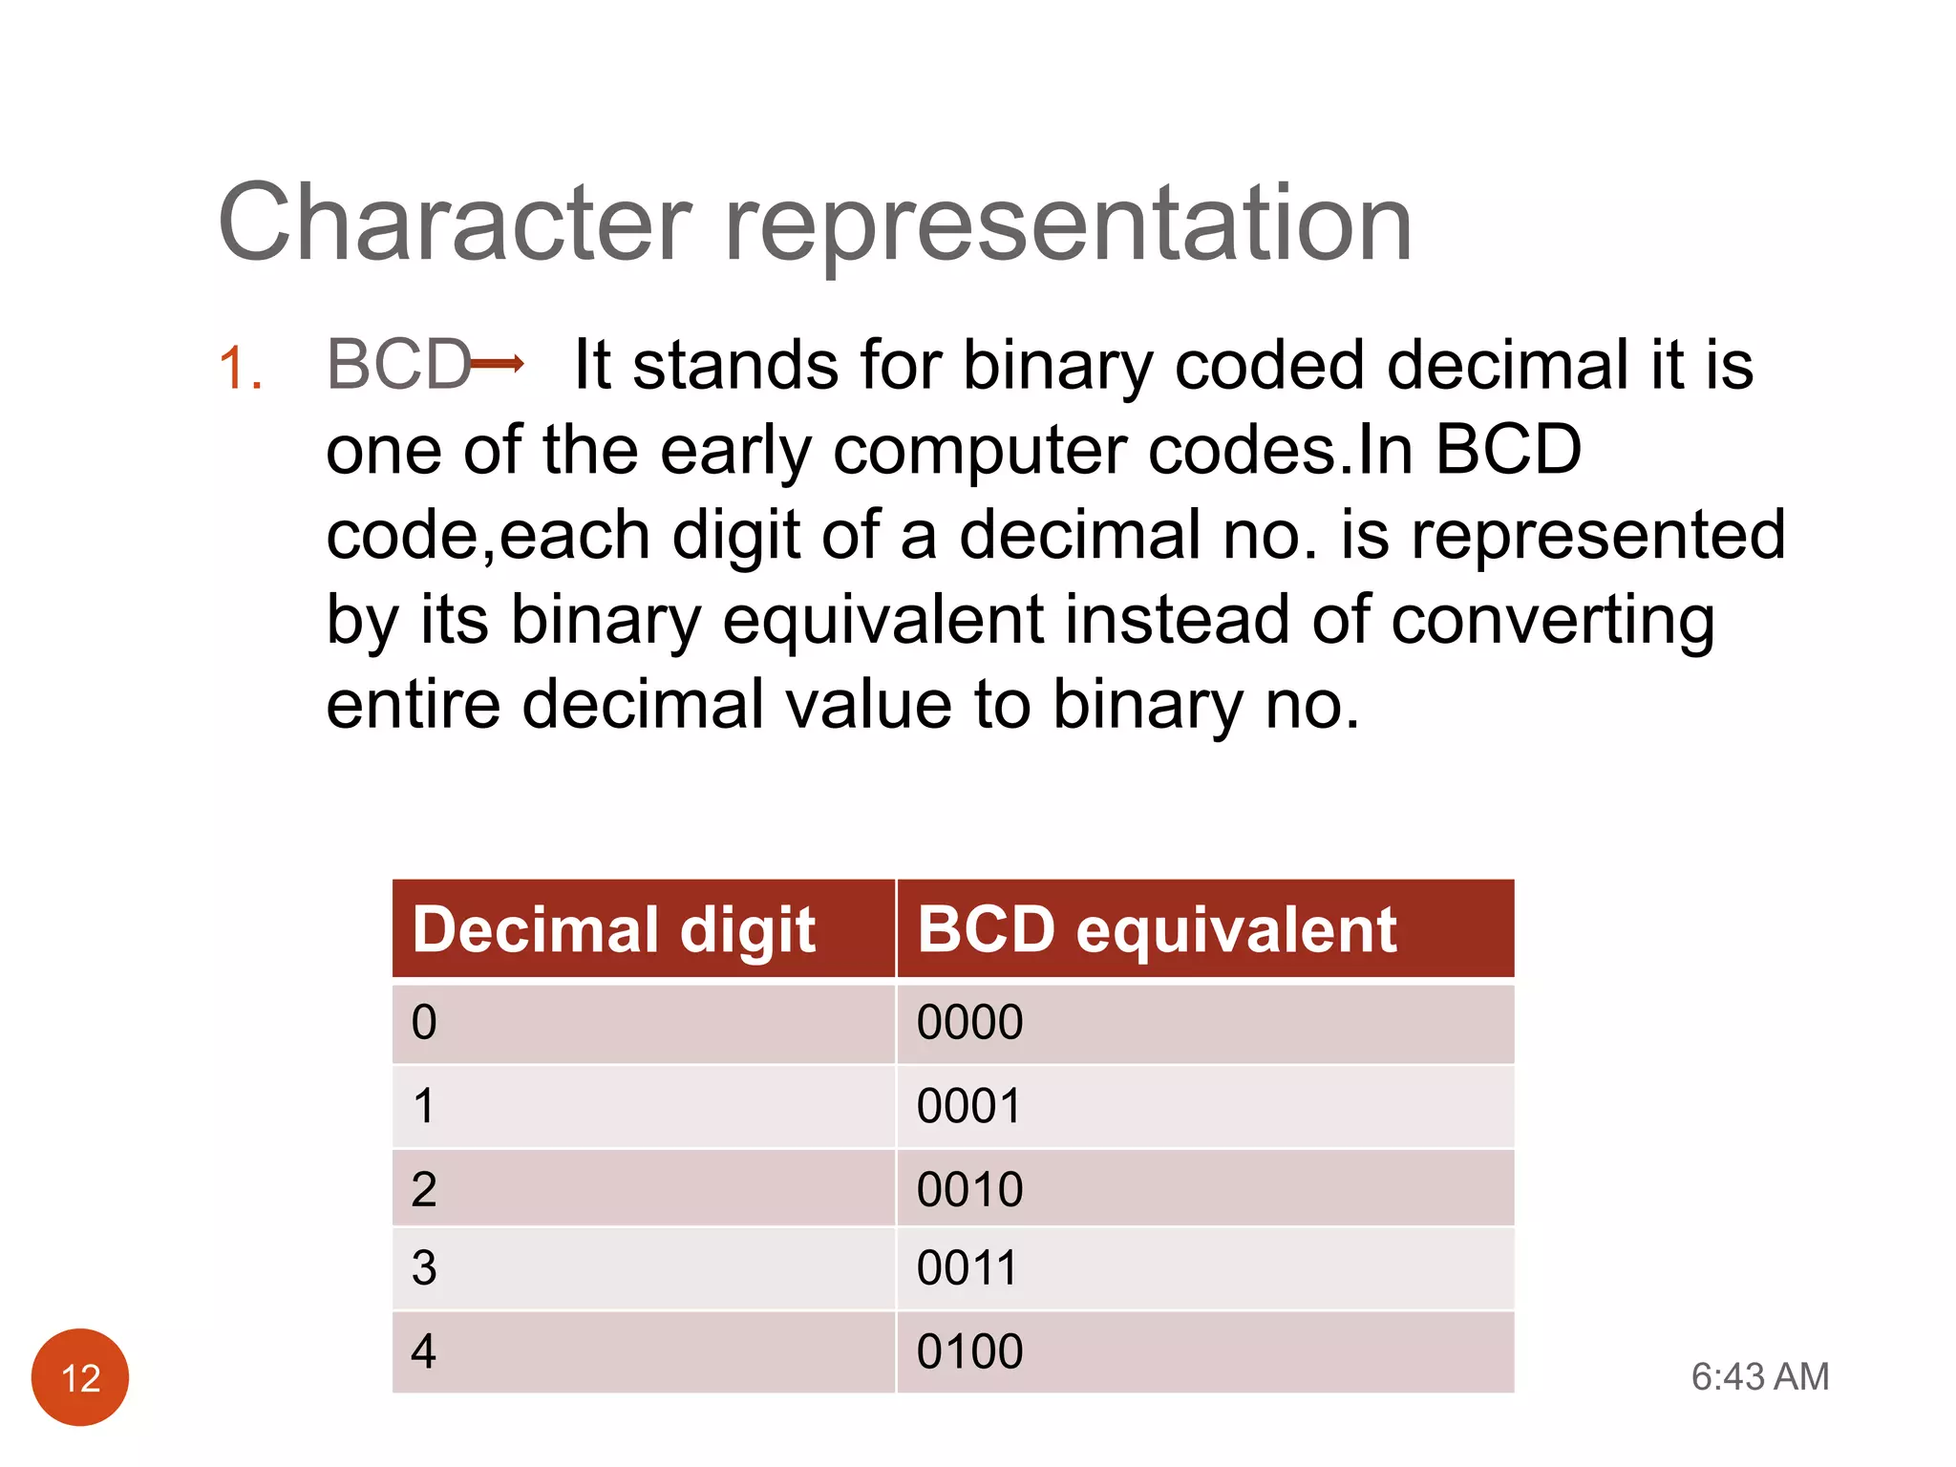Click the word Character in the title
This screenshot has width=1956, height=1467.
tap(455, 223)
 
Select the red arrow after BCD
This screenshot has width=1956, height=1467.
tap(498, 363)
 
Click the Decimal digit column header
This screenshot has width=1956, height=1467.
tap(614, 929)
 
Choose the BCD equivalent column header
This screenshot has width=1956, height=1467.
tap(1157, 929)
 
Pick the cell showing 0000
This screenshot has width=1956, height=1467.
tap(969, 1023)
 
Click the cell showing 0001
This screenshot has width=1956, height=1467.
tap(968, 1106)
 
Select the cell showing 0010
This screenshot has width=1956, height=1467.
tap(969, 1190)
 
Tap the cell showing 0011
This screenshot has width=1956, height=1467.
tap(967, 1268)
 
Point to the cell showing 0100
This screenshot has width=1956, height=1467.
tap(969, 1352)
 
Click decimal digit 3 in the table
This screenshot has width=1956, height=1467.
tap(424, 1268)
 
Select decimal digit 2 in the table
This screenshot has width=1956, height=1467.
tap(424, 1190)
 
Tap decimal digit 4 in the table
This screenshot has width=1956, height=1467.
tap(424, 1352)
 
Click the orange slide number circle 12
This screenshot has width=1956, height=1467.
tap(80, 1377)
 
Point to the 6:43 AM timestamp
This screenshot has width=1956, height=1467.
tap(1759, 1377)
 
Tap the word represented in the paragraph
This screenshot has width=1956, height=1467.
tap(1598, 537)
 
